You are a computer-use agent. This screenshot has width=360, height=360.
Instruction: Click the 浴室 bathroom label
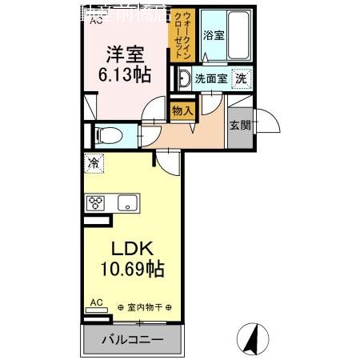coord(213,34)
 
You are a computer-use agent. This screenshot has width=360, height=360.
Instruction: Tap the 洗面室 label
coord(211,79)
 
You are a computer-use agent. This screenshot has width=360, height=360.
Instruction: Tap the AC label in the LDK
coord(96,302)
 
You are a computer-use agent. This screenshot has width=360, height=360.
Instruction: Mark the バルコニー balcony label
coord(132,339)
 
